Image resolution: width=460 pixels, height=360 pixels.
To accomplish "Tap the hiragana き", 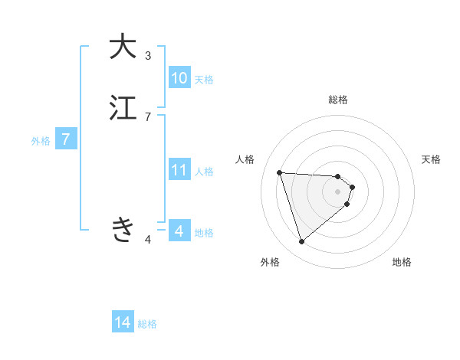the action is pyautogui.click(x=123, y=229).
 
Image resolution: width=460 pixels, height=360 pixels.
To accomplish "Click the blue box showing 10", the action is pyautogui.click(x=179, y=78).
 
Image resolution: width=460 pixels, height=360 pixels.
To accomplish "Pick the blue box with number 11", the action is pyautogui.click(x=179, y=170).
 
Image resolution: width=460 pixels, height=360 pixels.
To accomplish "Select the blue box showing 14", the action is pyautogui.click(x=123, y=322).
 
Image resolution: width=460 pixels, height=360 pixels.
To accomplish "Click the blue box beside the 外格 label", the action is pyautogui.click(x=66, y=139).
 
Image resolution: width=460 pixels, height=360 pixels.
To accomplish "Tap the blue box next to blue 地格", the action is pyautogui.click(x=179, y=231).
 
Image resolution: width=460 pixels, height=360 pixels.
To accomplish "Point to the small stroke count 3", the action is pyautogui.click(x=148, y=55).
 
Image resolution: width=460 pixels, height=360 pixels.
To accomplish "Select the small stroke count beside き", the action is pyautogui.click(x=148, y=240).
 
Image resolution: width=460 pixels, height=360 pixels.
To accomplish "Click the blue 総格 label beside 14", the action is pyautogui.click(x=147, y=324).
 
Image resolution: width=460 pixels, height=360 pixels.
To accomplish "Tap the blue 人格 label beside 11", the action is pyautogui.click(x=204, y=172).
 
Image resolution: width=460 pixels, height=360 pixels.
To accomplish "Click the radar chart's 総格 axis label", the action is pyautogui.click(x=338, y=100).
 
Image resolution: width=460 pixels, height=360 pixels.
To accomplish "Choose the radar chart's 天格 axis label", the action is pyautogui.click(x=431, y=159).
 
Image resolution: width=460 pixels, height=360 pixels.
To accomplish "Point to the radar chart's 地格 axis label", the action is pyautogui.click(x=402, y=262).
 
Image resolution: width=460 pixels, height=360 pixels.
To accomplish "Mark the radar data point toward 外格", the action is pyautogui.click(x=301, y=242).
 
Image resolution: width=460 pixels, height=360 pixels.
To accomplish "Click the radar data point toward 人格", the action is pyautogui.click(x=279, y=172).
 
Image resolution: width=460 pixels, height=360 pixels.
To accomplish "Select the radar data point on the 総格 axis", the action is pyautogui.click(x=338, y=175).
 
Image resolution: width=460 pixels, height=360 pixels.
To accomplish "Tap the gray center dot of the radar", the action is pyautogui.click(x=338, y=191).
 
